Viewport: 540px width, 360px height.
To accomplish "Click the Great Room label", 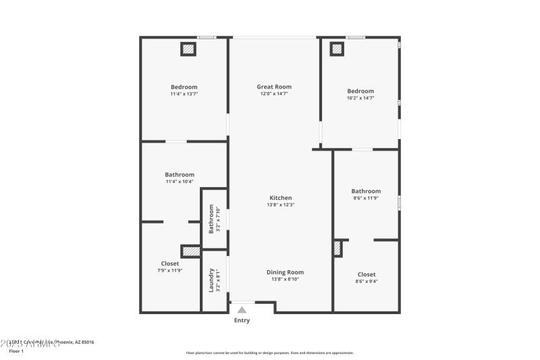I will click(x=274, y=86).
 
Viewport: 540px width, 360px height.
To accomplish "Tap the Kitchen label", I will click(x=281, y=197).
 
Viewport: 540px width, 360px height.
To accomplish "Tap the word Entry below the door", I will click(x=242, y=320).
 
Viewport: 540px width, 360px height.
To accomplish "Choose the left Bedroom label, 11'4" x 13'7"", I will click(x=184, y=86).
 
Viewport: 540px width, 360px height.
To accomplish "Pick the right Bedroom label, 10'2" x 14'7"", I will click(x=360, y=91).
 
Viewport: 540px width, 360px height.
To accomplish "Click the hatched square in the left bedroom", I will click(x=188, y=49).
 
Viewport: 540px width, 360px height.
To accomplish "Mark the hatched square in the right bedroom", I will click(x=336, y=49).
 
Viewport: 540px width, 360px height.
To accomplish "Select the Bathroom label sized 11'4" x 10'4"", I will click(x=180, y=174).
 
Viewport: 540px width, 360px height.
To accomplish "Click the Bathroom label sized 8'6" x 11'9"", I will click(x=366, y=191).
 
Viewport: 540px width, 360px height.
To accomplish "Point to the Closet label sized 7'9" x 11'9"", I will click(x=170, y=263).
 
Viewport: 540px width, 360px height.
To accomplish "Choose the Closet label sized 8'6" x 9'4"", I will click(x=367, y=274).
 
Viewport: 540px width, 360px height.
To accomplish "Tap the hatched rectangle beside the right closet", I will click(x=337, y=249).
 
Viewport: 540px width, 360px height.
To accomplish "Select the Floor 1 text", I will click(x=16, y=351).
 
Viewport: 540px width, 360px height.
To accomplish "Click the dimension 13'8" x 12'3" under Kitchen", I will click(x=281, y=205).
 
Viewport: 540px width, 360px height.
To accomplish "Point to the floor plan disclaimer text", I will click(x=269, y=353).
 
